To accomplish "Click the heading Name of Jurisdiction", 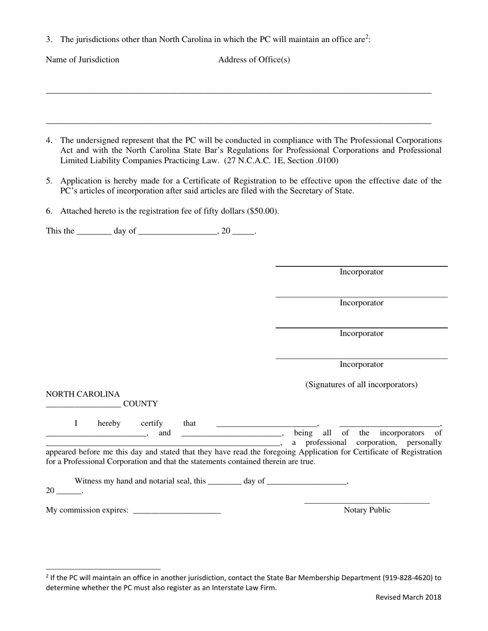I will click(82, 60).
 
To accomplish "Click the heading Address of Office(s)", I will click(254, 60).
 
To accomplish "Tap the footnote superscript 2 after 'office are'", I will click(367, 37).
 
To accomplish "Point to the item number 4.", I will click(49, 140).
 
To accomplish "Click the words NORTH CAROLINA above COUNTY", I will click(83, 394).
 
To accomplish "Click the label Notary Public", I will click(367, 510).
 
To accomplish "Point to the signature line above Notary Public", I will click(367, 503).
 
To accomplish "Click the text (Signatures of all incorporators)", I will click(361, 384).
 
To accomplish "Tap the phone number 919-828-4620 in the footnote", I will click(407, 578).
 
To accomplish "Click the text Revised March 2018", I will click(408, 597).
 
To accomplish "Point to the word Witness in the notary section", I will click(88, 481).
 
